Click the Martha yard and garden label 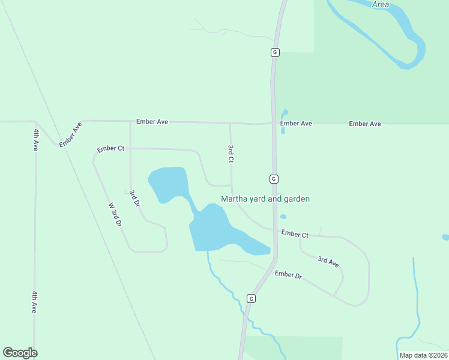point(265,199)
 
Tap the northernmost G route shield point(274,52)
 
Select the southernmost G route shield point(251,298)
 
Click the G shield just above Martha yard point(273,179)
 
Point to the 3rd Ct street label point(231,154)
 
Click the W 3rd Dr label point(115,214)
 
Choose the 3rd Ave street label point(328,261)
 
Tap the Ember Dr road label point(288,275)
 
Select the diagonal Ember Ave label point(70,134)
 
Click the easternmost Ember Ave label point(365,124)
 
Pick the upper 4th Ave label point(36,139)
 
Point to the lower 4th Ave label point(35,302)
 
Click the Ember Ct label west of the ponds point(110,149)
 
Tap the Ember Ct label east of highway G point(295,234)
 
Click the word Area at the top point(380,5)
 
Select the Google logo point(20,353)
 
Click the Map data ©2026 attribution point(423,355)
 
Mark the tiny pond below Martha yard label point(283,217)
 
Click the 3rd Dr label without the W point(134,199)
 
